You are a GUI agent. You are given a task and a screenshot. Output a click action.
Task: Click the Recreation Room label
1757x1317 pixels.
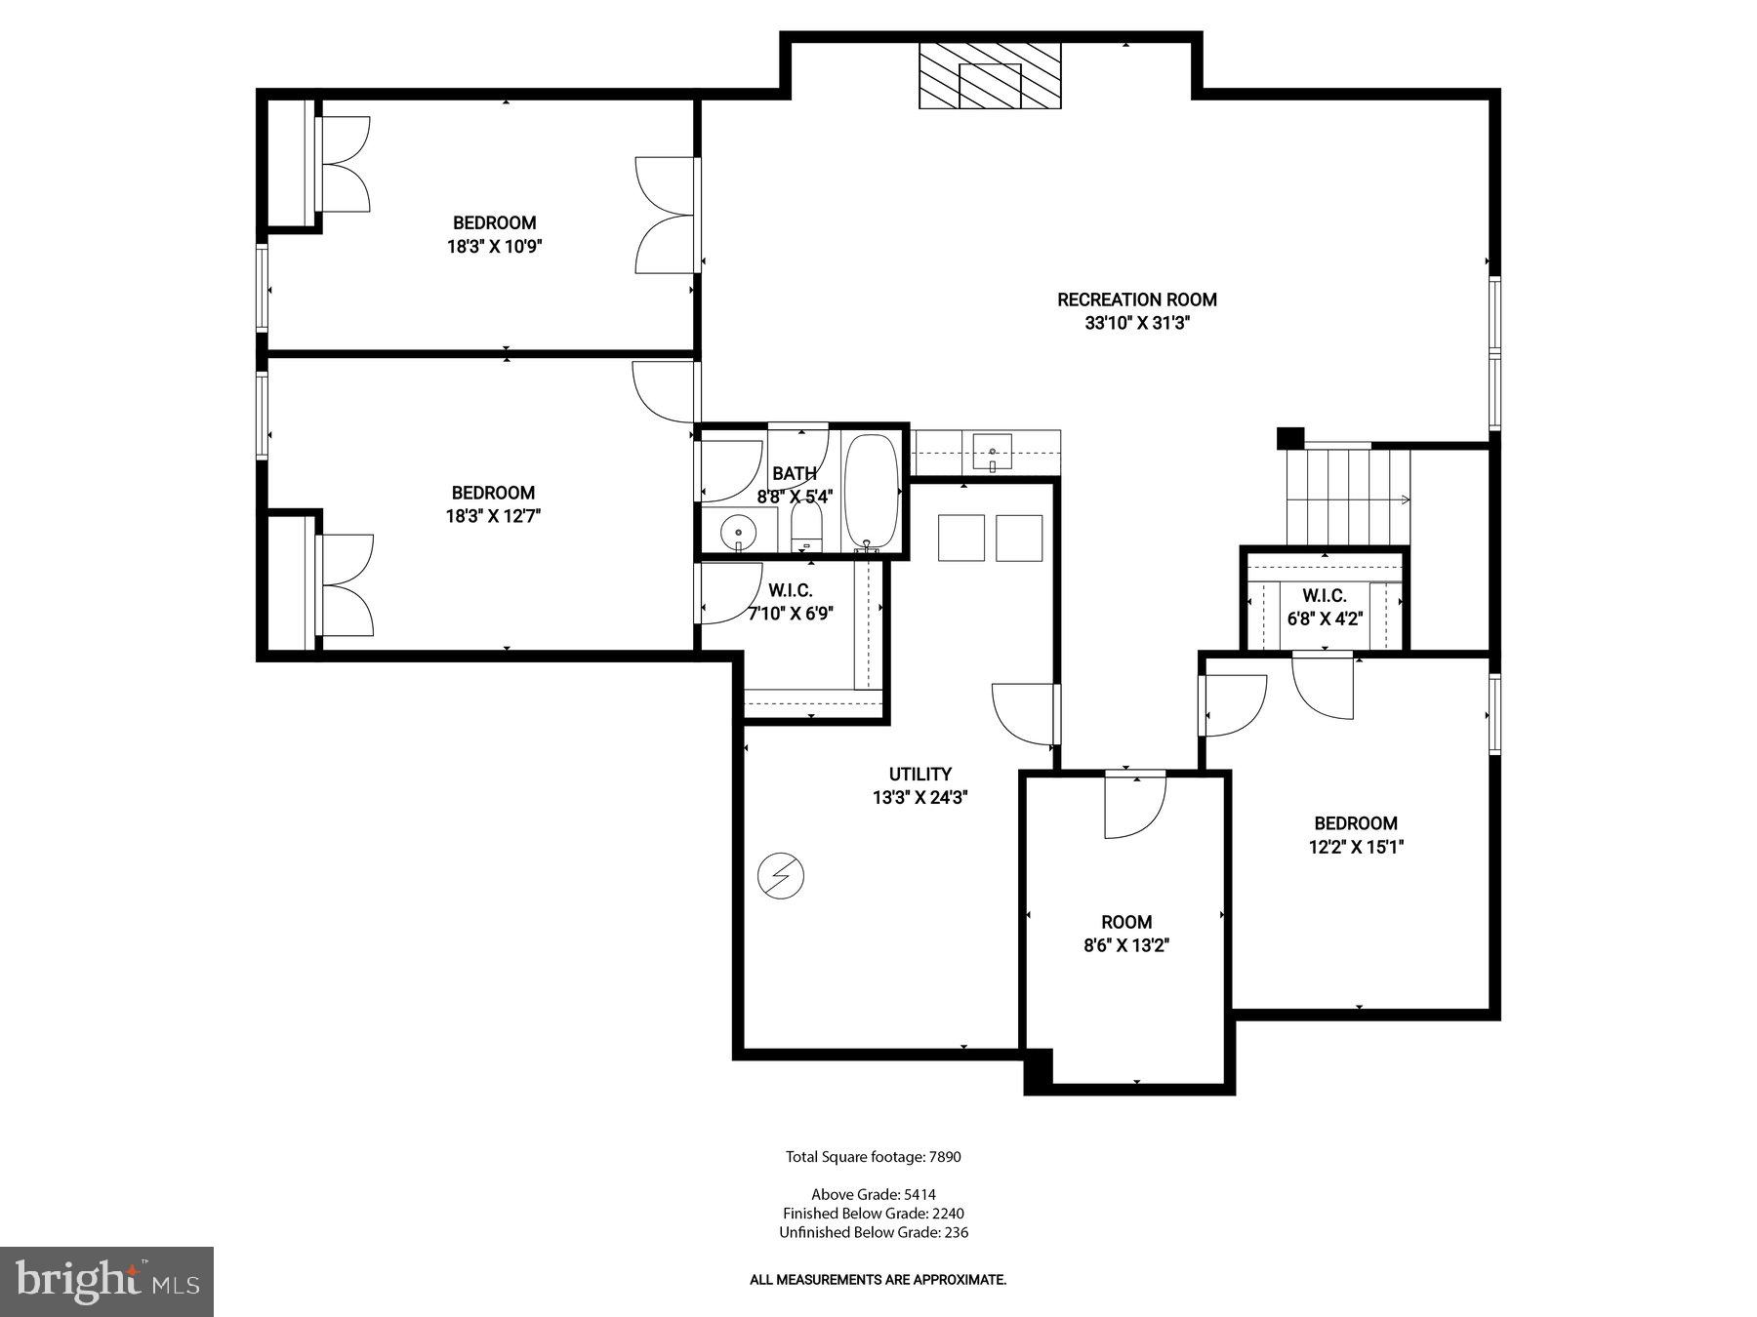[1136, 299]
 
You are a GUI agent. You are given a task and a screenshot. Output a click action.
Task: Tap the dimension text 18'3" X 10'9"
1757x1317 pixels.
[494, 247]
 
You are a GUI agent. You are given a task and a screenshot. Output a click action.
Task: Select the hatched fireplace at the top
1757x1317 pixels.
[989, 76]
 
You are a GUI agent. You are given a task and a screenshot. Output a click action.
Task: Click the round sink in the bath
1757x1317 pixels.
[739, 533]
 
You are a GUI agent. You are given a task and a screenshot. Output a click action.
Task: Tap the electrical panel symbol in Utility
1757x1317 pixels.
[781, 875]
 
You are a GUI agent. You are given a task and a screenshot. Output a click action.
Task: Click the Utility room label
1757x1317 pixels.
[919, 774]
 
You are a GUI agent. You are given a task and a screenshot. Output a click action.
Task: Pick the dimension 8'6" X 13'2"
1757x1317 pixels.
[1126, 944]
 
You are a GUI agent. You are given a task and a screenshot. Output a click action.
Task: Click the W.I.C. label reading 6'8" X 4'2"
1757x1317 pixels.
[1324, 607]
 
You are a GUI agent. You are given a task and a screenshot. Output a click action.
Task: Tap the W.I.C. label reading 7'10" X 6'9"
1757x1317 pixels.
[790, 603]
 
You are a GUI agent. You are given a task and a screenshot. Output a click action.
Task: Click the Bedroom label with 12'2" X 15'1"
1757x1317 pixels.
[1355, 835]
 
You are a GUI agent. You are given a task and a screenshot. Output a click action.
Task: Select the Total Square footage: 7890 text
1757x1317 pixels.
[874, 1157]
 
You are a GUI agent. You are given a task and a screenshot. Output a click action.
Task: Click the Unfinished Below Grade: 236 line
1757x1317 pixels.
[874, 1232]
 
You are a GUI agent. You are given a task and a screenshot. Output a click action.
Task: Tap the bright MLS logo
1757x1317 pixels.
[106, 1281]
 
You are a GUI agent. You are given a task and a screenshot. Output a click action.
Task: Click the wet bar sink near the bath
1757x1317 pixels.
[992, 453]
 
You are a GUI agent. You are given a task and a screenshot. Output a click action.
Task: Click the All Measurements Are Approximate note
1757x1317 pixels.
[878, 1279]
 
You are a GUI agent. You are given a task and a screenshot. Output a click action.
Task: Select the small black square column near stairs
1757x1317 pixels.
[1290, 438]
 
